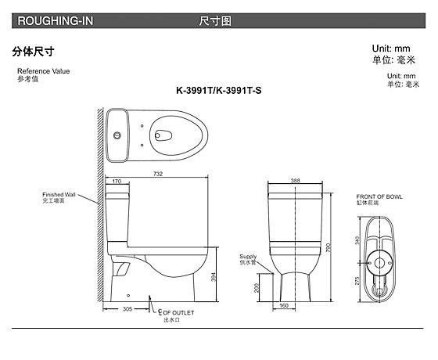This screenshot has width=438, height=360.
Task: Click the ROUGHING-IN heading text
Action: [56, 21]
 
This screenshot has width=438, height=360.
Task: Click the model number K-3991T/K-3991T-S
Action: [219, 91]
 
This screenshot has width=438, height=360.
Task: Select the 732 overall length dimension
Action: [158, 174]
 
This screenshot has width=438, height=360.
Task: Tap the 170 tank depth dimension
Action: [117, 181]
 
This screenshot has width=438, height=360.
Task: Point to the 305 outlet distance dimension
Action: [127, 309]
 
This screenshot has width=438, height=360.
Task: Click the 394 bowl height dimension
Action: [214, 277]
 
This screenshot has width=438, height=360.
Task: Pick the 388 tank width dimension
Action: [296, 181]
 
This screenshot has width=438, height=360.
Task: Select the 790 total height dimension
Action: [328, 247]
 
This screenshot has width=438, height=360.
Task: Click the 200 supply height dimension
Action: [257, 288]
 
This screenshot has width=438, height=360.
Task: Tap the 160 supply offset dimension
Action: [284, 305]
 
